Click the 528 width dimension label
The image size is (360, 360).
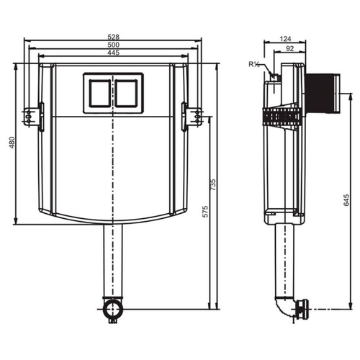tap(113, 37)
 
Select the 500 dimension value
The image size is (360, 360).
tap(113, 45)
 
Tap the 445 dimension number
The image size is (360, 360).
tap(113, 53)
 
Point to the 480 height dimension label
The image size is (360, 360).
tap(12, 143)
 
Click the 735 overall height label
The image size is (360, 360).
tap(213, 184)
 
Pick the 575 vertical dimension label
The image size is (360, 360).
tap(205, 212)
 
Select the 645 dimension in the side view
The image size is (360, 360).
tap(346, 200)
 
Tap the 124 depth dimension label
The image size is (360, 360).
tap(285, 39)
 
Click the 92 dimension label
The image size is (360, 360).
tap(290, 48)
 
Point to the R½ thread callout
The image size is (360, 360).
tap(254, 64)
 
